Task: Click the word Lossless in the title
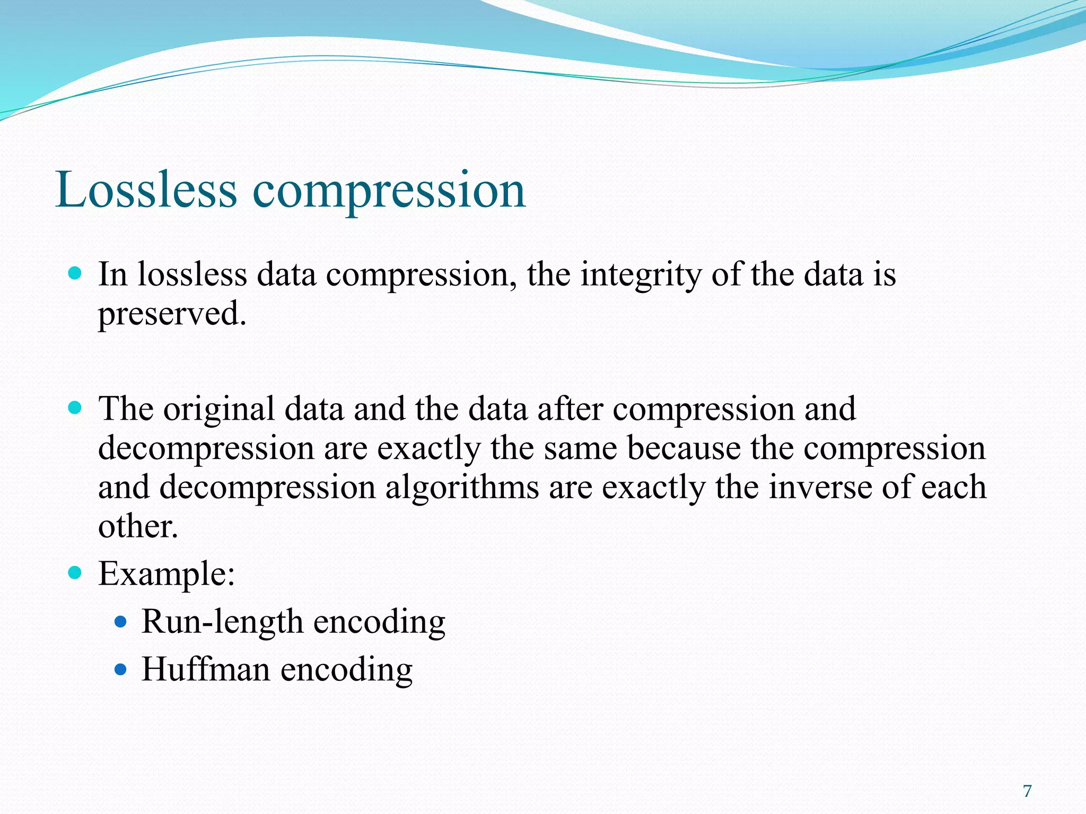coord(146,190)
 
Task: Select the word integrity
coord(641,276)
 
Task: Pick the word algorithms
coord(462,488)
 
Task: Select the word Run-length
coord(222,622)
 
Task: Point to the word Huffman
coord(206,669)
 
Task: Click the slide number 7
coord(1027,791)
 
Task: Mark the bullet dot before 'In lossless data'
coord(75,273)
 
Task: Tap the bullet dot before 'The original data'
coord(75,408)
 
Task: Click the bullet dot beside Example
coord(75,572)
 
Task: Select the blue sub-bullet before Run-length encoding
coord(121,622)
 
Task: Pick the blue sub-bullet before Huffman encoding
coord(121,669)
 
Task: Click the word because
coord(684,448)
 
